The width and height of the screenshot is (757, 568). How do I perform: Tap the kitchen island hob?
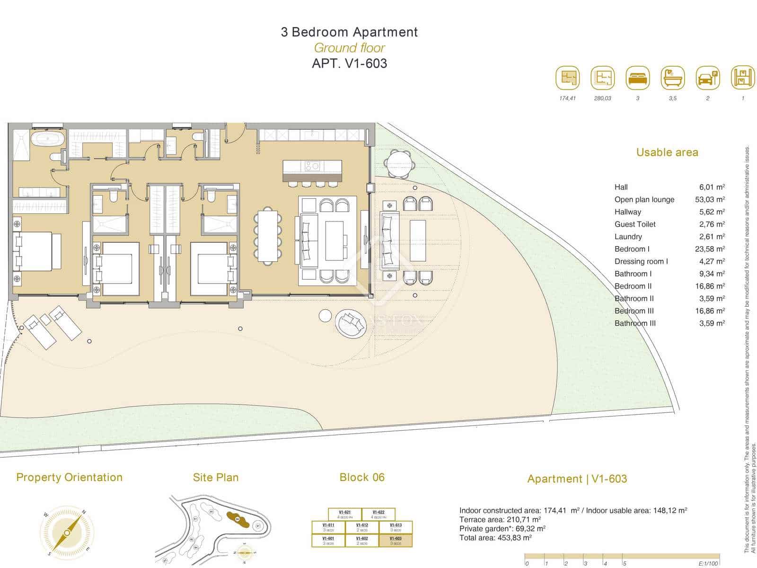click(x=312, y=166)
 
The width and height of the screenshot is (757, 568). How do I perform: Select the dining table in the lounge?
click(x=268, y=235)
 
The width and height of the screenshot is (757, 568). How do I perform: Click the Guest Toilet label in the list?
click(x=635, y=224)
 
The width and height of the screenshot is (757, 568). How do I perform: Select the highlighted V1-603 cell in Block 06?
click(x=396, y=541)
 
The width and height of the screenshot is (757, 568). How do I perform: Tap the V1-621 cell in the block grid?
click(x=344, y=514)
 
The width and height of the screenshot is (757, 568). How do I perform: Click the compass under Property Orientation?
click(x=67, y=532)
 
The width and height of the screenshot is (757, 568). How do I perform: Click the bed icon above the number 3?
click(x=637, y=78)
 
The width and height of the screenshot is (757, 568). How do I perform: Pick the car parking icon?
click(x=707, y=78)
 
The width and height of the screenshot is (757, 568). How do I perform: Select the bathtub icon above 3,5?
click(x=672, y=78)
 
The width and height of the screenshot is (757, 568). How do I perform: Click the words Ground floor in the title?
click(x=349, y=48)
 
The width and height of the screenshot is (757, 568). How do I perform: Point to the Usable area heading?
click(x=667, y=152)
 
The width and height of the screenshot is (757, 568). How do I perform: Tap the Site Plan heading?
click(x=216, y=478)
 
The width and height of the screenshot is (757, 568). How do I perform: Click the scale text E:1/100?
click(x=708, y=563)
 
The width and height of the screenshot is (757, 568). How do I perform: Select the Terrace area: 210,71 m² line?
click(x=500, y=520)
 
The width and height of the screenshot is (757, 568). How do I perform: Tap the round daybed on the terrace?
click(x=351, y=324)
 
